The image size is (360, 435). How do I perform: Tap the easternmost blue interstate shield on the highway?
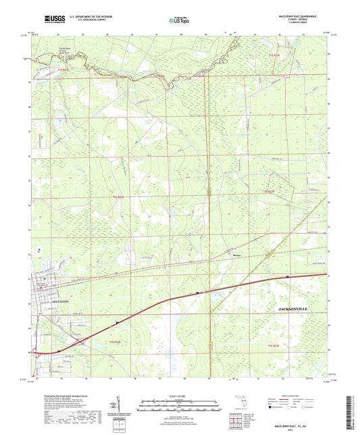(288, 276)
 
